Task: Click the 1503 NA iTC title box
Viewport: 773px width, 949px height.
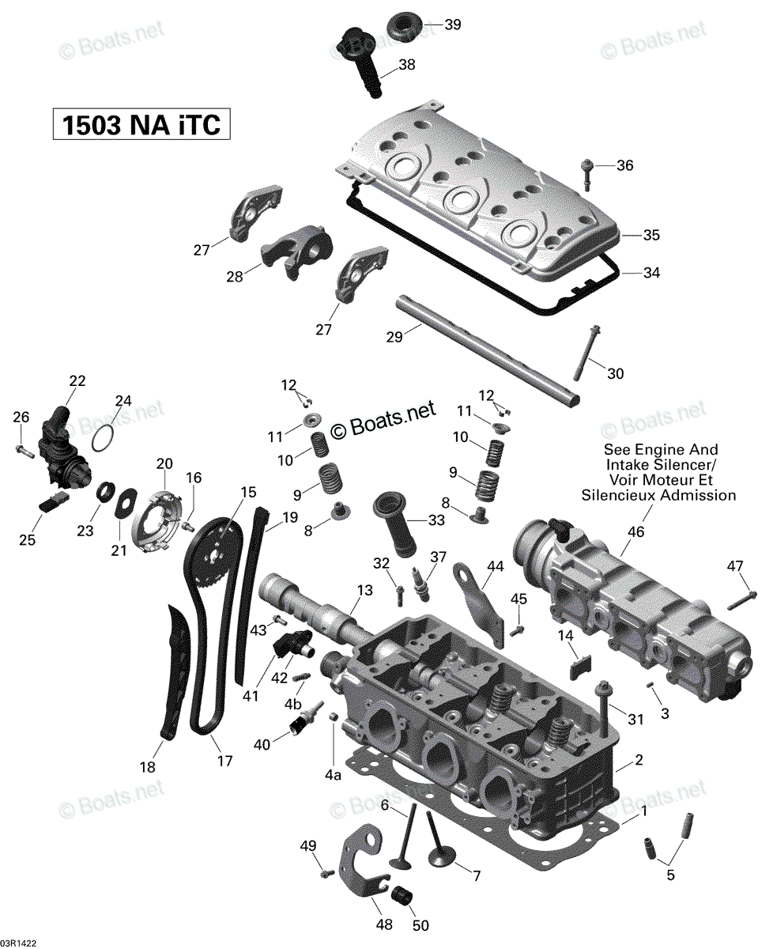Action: point(141,124)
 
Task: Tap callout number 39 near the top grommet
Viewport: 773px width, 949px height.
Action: point(452,25)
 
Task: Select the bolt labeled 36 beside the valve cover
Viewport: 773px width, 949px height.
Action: point(586,175)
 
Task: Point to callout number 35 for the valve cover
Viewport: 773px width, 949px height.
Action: point(651,235)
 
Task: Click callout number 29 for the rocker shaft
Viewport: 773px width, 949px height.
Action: point(394,337)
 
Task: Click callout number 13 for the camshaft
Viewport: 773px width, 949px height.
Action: point(364,590)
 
